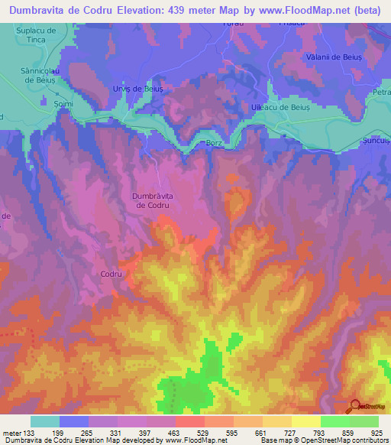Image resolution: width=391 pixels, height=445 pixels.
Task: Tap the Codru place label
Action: (111, 273)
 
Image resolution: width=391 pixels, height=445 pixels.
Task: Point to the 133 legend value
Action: (27, 433)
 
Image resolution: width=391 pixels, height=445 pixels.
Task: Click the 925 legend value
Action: (376, 433)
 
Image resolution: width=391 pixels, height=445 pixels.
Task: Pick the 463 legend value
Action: (173, 433)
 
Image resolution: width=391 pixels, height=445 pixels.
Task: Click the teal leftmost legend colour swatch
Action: (45, 421)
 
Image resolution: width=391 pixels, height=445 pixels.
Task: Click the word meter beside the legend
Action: (11, 433)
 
